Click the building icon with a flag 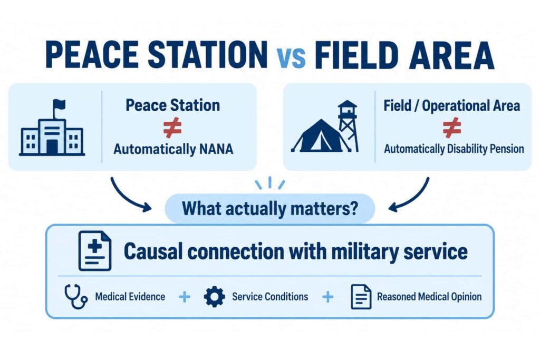pos(52,128)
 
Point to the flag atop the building pos(59,104)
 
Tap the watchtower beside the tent pos(348,125)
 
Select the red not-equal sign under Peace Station pos(172,128)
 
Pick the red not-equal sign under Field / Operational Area pos(452,128)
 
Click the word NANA pos(216,149)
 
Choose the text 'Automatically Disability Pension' pos(454,149)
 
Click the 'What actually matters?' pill pos(270,209)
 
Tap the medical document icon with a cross pos(95,250)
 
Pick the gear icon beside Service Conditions pos(214,297)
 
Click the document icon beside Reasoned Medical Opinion pos(361,297)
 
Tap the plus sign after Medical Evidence pos(185,297)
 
